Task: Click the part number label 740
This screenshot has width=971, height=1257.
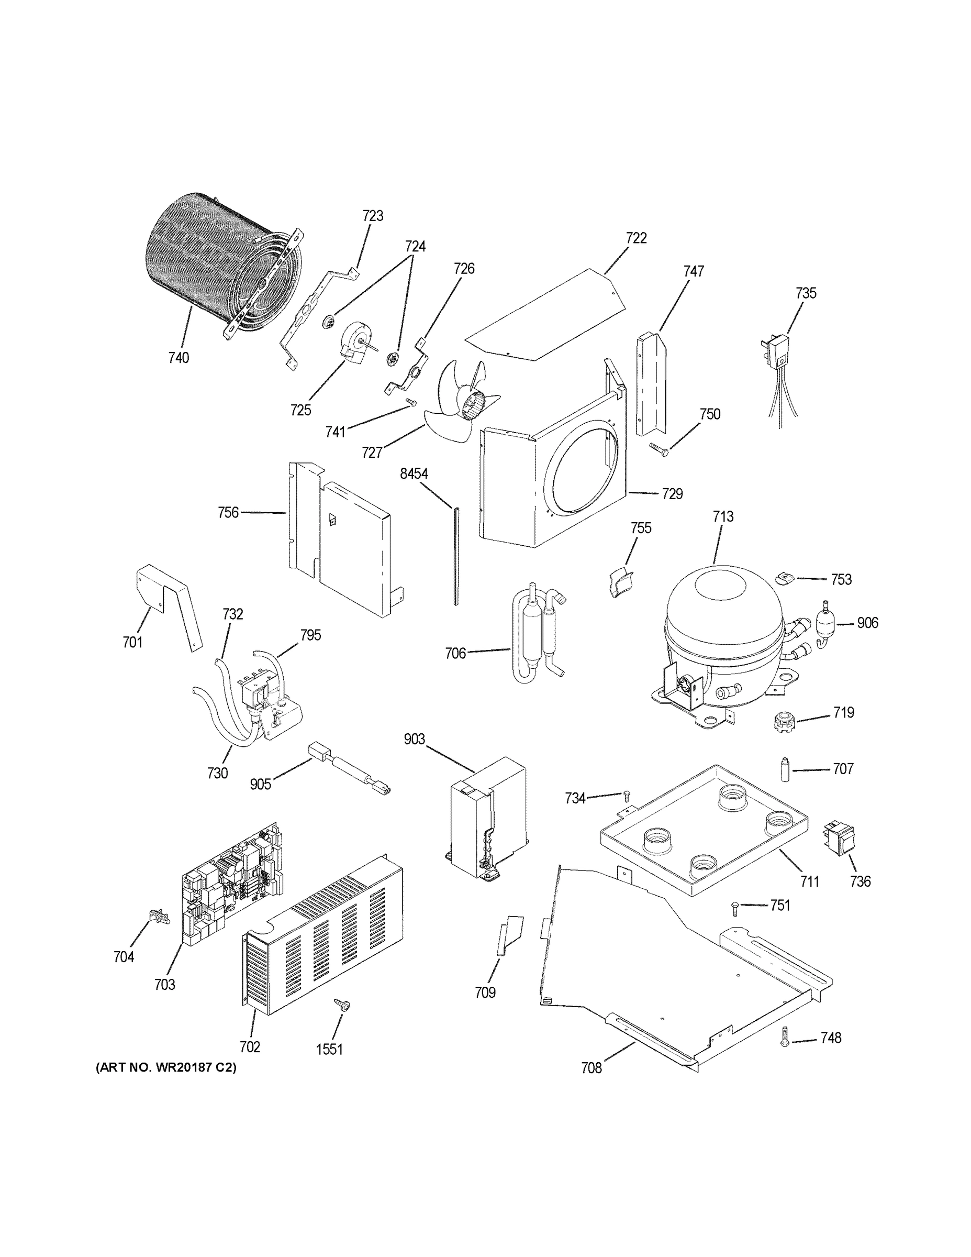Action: [178, 358]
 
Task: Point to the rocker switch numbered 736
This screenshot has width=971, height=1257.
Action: [840, 841]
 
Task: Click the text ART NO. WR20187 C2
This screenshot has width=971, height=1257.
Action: [165, 1067]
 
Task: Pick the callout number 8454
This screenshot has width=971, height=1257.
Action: [414, 473]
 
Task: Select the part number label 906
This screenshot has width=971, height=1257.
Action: [867, 623]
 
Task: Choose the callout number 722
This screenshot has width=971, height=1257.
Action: [636, 238]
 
